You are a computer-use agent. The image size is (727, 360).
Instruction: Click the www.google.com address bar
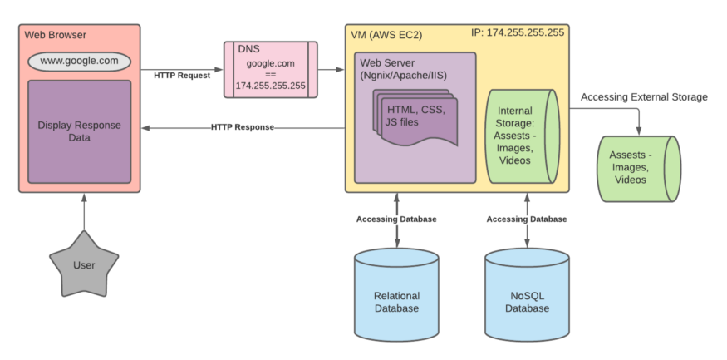pos(79,62)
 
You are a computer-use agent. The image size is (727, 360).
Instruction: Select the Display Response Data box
pos(79,131)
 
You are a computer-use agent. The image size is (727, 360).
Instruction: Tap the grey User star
pos(83,265)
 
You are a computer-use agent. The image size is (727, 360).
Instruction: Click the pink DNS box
pos(270,69)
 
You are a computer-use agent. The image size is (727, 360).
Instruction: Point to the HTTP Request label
pos(182,75)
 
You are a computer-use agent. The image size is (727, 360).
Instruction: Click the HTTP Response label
pos(242,127)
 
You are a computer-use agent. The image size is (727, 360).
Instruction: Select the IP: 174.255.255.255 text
pos(518,33)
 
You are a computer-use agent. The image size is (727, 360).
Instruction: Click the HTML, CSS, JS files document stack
pos(415,117)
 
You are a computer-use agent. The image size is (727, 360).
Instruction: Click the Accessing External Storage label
pos(644,96)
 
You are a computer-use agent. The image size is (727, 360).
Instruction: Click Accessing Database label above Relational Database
pos(396,219)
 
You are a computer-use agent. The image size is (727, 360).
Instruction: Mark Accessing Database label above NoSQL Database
pos(526,219)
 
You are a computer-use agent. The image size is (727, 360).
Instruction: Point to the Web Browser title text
pos(55,35)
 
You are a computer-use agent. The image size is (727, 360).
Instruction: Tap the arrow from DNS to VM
pos(331,69)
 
